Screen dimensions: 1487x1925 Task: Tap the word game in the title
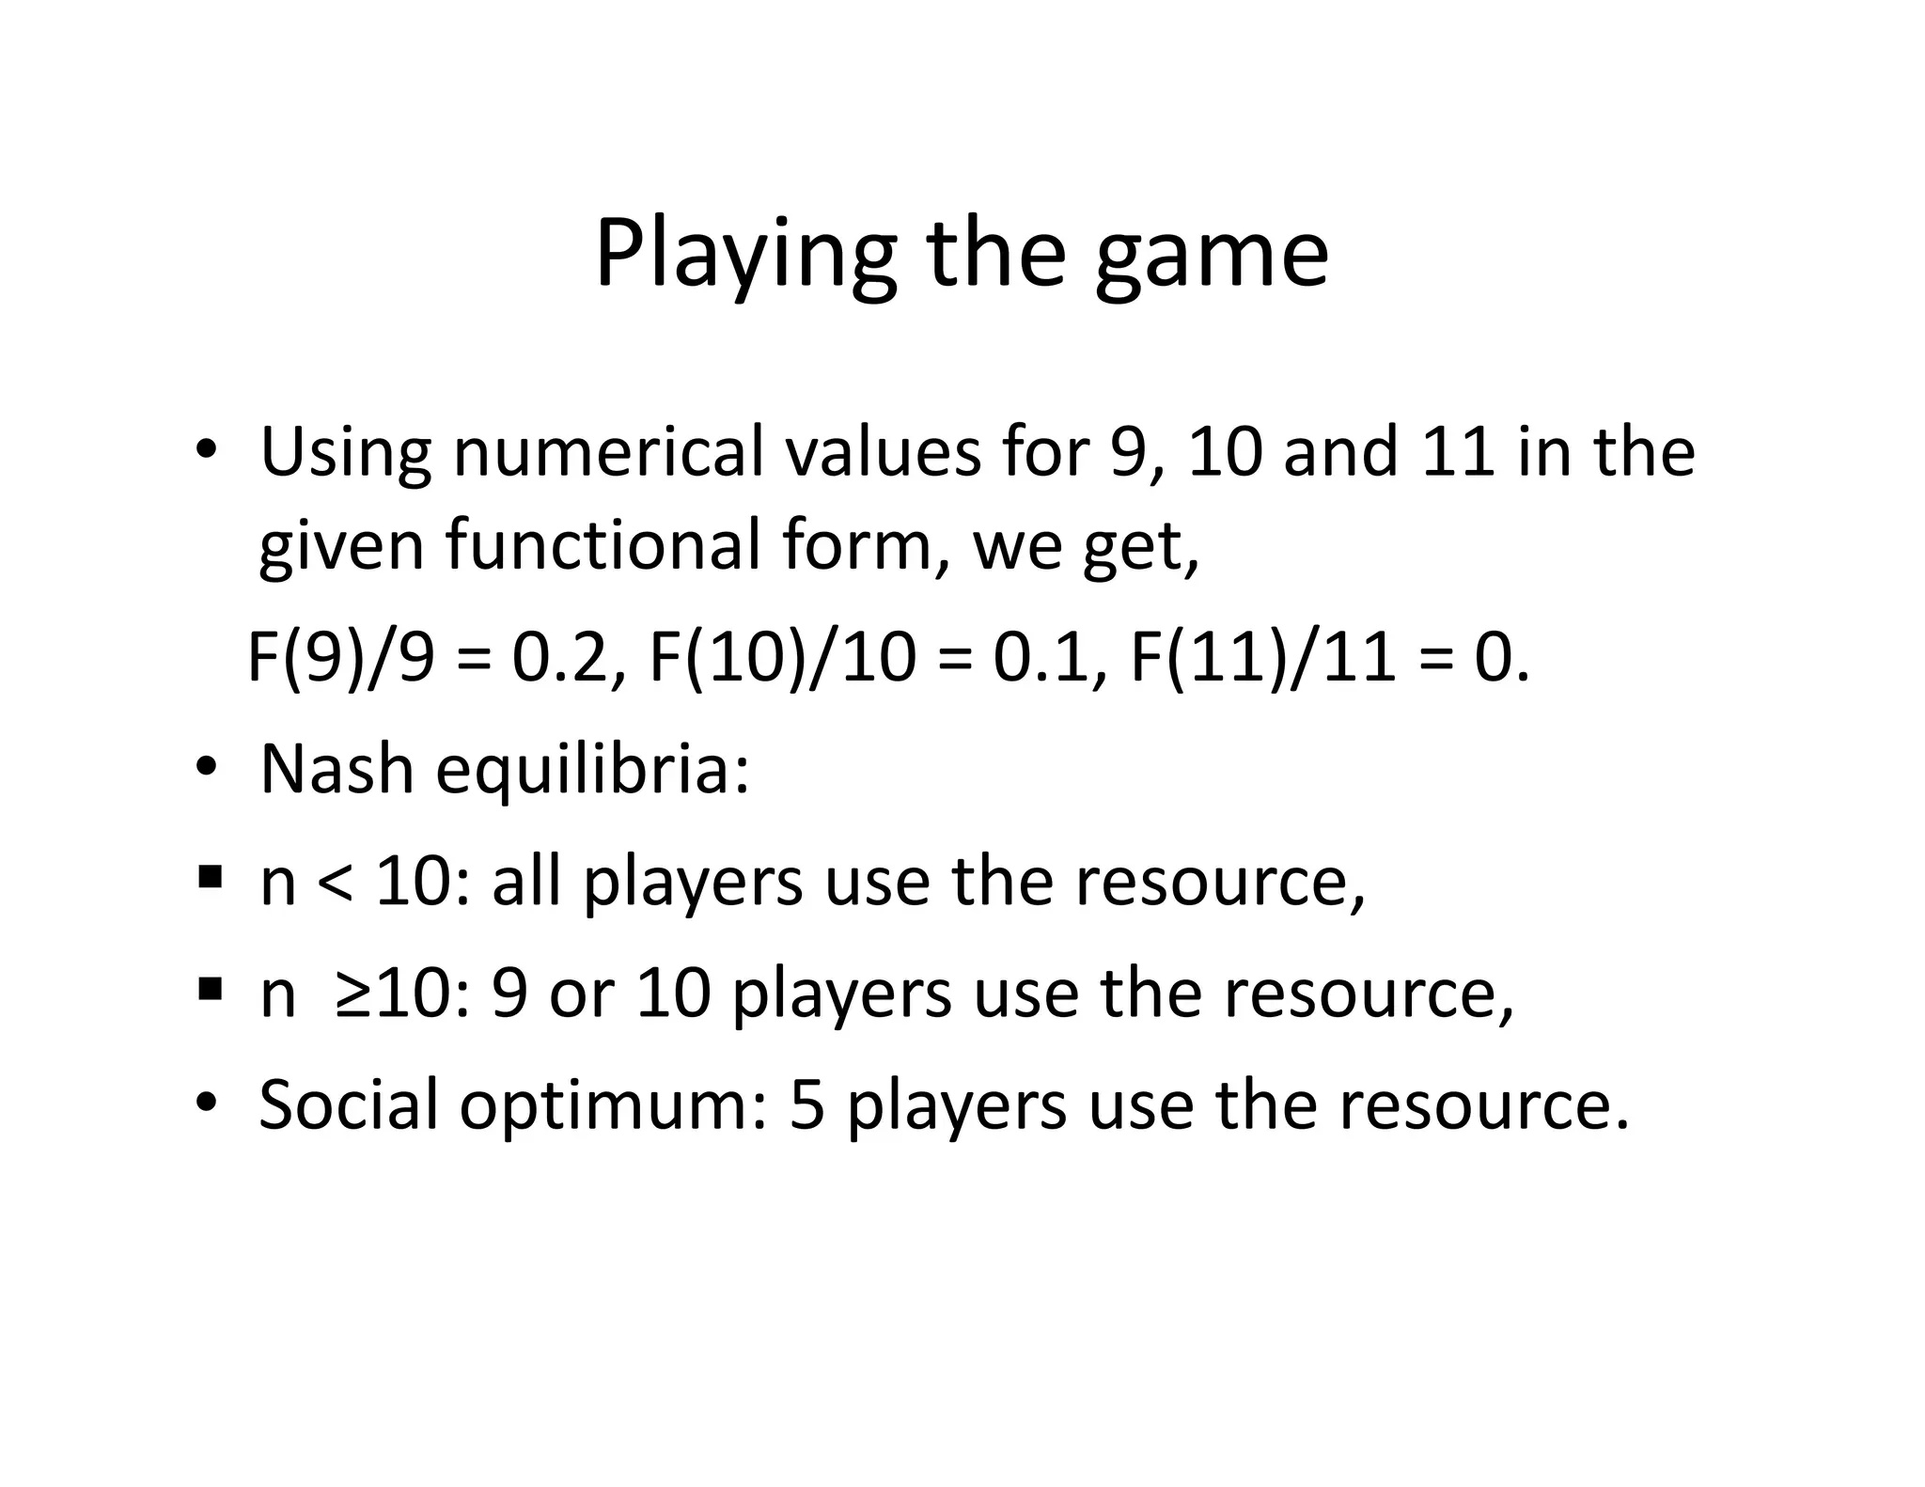pos(1212,256)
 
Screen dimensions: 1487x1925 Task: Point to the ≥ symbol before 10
pos(356,994)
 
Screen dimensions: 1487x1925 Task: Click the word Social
pos(348,1104)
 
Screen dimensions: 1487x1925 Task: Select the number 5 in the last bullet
pos(806,1105)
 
